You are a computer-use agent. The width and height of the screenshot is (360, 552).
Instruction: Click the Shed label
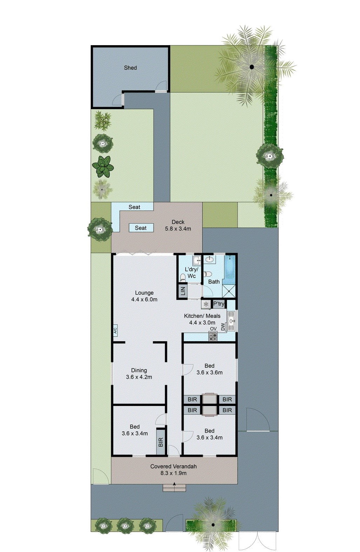pyautogui.click(x=130, y=68)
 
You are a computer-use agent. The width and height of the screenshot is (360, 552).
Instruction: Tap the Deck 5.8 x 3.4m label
pyautogui.click(x=178, y=225)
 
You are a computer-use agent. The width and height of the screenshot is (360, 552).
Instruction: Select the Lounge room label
pyautogui.click(x=144, y=296)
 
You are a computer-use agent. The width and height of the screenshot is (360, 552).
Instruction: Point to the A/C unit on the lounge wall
pyautogui.click(x=115, y=330)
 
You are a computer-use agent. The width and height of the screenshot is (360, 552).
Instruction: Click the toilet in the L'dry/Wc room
pyautogui.click(x=183, y=277)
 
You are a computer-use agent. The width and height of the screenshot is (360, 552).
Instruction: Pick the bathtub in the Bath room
pyautogui.click(x=230, y=270)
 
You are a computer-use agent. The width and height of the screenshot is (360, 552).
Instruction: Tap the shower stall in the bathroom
pyautogui.click(x=229, y=291)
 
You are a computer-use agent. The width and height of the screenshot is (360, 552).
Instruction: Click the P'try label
pyautogui.click(x=219, y=304)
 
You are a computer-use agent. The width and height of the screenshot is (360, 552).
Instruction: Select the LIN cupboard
pyautogui.click(x=183, y=291)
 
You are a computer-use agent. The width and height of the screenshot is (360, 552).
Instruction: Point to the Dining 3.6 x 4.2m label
pyautogui.click(x=139, y=373)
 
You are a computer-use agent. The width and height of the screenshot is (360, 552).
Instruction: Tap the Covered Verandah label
pyautogui.click(x=174, y=467)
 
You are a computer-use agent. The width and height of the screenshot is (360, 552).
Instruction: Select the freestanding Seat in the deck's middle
pyautogui.click(x=141, y=228)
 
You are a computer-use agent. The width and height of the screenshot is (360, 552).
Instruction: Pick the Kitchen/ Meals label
pyautogui.click(x=202, y=316)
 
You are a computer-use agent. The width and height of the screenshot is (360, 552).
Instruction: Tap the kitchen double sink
pyautogui.click(x=231, y=320)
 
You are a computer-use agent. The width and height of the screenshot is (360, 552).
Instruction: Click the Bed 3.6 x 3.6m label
pyautogui.click(x=209, y=369)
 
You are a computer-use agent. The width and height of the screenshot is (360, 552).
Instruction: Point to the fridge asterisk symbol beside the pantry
pyautogui.click(x=206, y=304)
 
